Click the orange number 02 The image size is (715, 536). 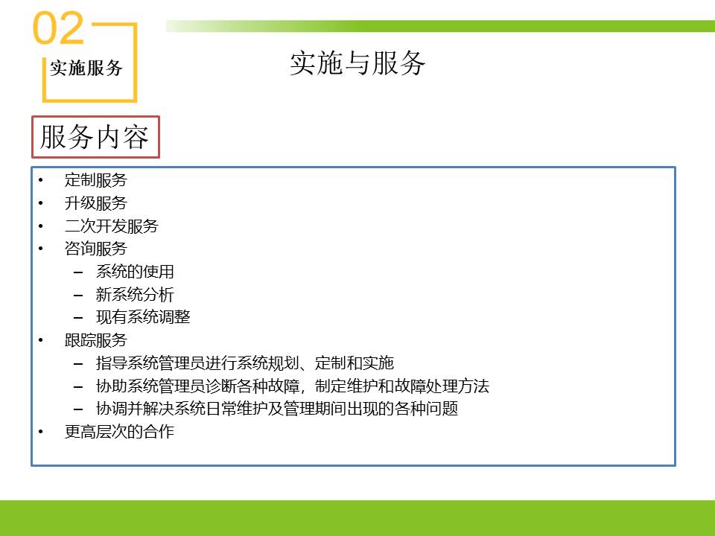[x=58, y=28]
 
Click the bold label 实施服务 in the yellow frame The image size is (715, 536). [x=86, y=68]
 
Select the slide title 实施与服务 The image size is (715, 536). [x=357, y=63]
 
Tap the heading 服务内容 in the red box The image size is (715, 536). [x=95, y=137]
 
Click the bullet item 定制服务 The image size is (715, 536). [x=96, y=180]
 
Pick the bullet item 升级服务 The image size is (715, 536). [x=96, y=202]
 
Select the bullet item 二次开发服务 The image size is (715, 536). [x=111, y=226]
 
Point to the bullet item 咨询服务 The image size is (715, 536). [x=96, y=249]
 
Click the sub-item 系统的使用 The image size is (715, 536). [x=135, y=272]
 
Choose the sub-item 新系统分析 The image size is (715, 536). [x=135, y=295]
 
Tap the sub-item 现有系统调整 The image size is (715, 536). [x=143, y=317]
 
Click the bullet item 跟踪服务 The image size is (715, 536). [x=96, y=340]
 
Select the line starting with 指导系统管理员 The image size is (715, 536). [x=245, y=363]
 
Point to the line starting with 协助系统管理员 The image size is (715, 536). [x=292, y=386]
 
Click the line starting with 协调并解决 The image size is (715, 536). [x=277, y=409]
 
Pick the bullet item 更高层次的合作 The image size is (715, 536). [x=119, y=431]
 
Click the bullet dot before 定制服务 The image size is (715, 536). [x=41, y=180]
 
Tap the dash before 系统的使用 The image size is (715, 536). [x=78, y=272]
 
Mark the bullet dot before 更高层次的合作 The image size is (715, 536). [x=41, y=431]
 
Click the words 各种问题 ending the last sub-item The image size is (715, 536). [x=427, y=409]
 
